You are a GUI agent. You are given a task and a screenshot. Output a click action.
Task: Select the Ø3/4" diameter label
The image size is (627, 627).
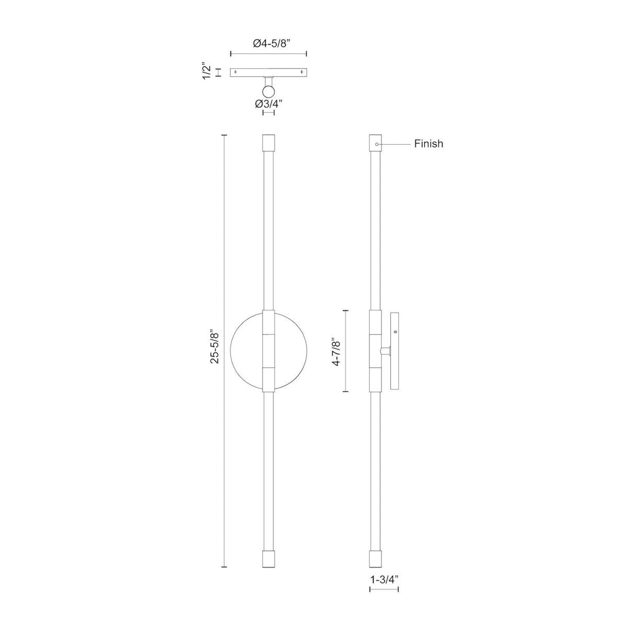(x=269, y=103)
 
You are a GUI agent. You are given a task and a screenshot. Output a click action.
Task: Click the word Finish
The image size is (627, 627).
(x=428, y=144)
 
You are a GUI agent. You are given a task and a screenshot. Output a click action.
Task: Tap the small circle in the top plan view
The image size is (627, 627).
(x=269, y=92)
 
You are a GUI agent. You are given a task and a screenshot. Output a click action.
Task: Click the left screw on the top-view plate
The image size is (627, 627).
(x=236, y=72)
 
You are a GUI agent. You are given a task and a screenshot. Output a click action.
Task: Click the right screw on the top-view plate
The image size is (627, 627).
(x=301, y=72)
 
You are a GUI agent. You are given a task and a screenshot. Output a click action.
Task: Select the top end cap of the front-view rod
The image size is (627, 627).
(x=268, y=143)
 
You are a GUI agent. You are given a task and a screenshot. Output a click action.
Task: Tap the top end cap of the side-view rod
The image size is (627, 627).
(x=376, y=143)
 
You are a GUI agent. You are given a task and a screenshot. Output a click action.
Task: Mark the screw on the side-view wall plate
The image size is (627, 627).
(x=395, y=331)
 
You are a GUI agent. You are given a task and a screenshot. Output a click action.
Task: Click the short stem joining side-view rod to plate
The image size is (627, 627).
(x=386, y=351)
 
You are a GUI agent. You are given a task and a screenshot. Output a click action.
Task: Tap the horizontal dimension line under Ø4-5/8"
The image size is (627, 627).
(x=269, y=53)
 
